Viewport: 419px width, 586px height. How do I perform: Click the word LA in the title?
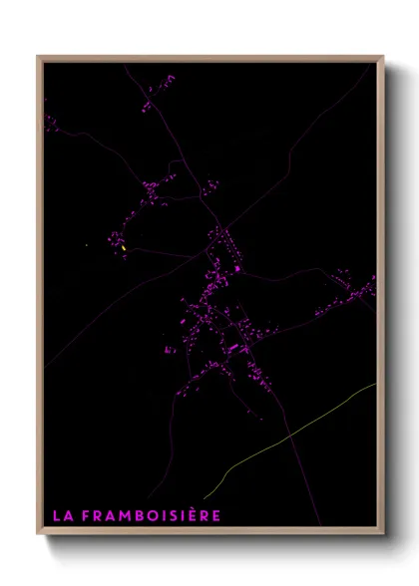[x=61, y=515]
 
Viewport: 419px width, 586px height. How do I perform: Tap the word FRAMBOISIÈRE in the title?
[x=150, y=515]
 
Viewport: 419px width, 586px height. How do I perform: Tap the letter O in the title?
[x=151, y=515]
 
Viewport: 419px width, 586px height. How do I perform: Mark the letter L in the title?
[x=56, y=515]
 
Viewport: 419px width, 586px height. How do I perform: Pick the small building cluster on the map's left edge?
[x=50, y=123]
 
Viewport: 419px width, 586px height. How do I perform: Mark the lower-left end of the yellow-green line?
[x=204, y=498]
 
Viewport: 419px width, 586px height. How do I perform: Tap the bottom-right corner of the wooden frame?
[x=382, y=532]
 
